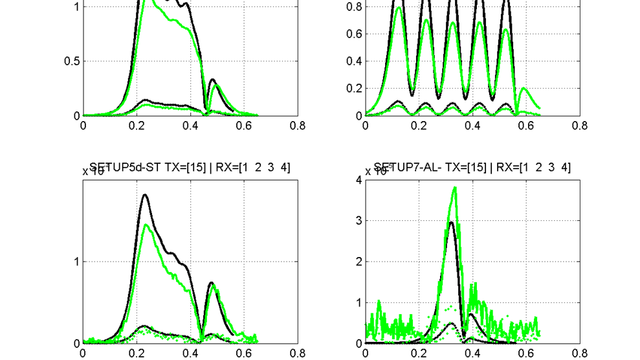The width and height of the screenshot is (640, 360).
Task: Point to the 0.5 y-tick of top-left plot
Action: point(72,62)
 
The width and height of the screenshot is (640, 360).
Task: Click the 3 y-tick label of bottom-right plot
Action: point(359,221)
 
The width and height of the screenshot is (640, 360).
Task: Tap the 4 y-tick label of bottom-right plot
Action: point(359,180)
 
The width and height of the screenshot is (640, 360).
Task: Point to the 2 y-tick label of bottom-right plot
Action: point(359,262)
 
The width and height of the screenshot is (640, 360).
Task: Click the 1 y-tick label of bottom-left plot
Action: point(76,262)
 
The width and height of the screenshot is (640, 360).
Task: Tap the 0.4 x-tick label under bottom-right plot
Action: point(472,354)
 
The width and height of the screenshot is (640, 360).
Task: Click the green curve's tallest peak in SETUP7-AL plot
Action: point(455,188)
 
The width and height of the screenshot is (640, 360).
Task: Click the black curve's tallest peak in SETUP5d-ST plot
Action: point(144,195)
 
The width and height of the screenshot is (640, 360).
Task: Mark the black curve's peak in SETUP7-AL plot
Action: point(452,223)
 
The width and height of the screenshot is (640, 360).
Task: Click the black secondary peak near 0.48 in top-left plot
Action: point(212,80)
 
